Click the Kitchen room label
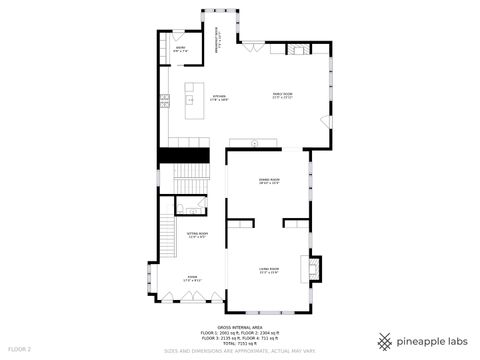[x=219, y=98]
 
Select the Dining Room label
[x=269, y=181]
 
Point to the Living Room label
[x=269, y=270]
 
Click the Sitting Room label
[x=197, y=236]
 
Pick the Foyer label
[x=192, y=279]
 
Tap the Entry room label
[x=181, y=48]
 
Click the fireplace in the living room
[x=317, y=268]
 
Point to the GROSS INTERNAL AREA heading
[x=239, y=326]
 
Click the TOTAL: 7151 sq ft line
[x=240, y=342]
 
